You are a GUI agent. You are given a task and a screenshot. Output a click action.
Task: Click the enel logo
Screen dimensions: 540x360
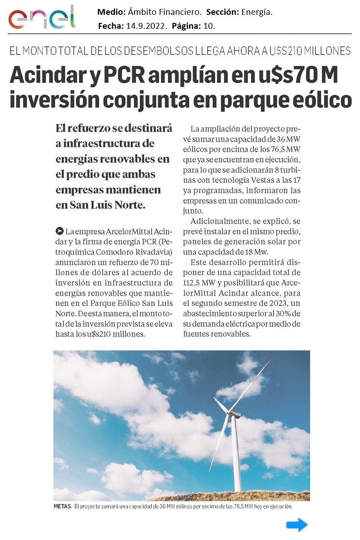pos(41,18)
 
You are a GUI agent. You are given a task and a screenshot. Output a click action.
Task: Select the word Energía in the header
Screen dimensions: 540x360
pos(257,12)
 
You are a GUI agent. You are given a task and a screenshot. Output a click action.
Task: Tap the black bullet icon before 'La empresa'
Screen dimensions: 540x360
pos(59,232)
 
